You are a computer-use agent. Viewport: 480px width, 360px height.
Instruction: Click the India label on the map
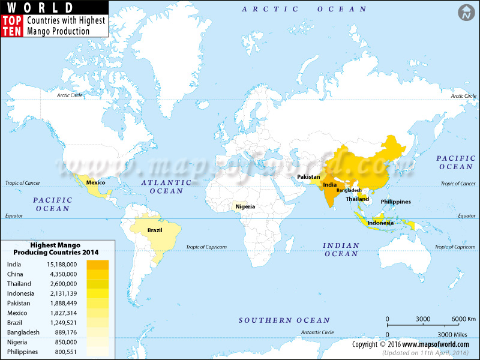pos(329,185)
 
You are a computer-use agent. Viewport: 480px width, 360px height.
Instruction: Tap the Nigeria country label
pos(245,206)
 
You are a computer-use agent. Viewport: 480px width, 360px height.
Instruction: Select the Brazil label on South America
pos(155,230)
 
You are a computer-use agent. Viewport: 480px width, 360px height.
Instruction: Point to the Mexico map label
pos(96,182)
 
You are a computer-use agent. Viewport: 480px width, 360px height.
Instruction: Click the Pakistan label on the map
pos(308,178)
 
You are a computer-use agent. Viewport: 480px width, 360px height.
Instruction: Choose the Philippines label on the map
pos(395,202)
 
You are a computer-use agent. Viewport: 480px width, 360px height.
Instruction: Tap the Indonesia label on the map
pos(380,223)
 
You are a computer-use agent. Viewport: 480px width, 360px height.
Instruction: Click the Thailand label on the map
pos(357,199)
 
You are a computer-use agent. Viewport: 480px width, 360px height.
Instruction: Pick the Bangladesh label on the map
pos(349,190)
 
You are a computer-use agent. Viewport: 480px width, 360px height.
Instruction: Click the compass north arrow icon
pos(466,12)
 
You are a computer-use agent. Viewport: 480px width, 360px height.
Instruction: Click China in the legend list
pos(16,274)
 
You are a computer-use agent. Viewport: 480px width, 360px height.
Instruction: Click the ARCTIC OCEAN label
pos(304,9)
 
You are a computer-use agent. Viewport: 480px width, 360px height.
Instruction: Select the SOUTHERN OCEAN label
pos(284,320)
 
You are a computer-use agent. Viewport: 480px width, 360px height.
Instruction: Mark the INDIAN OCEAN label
pos(341,250)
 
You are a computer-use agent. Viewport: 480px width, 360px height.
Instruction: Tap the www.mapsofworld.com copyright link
pos(436,344)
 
